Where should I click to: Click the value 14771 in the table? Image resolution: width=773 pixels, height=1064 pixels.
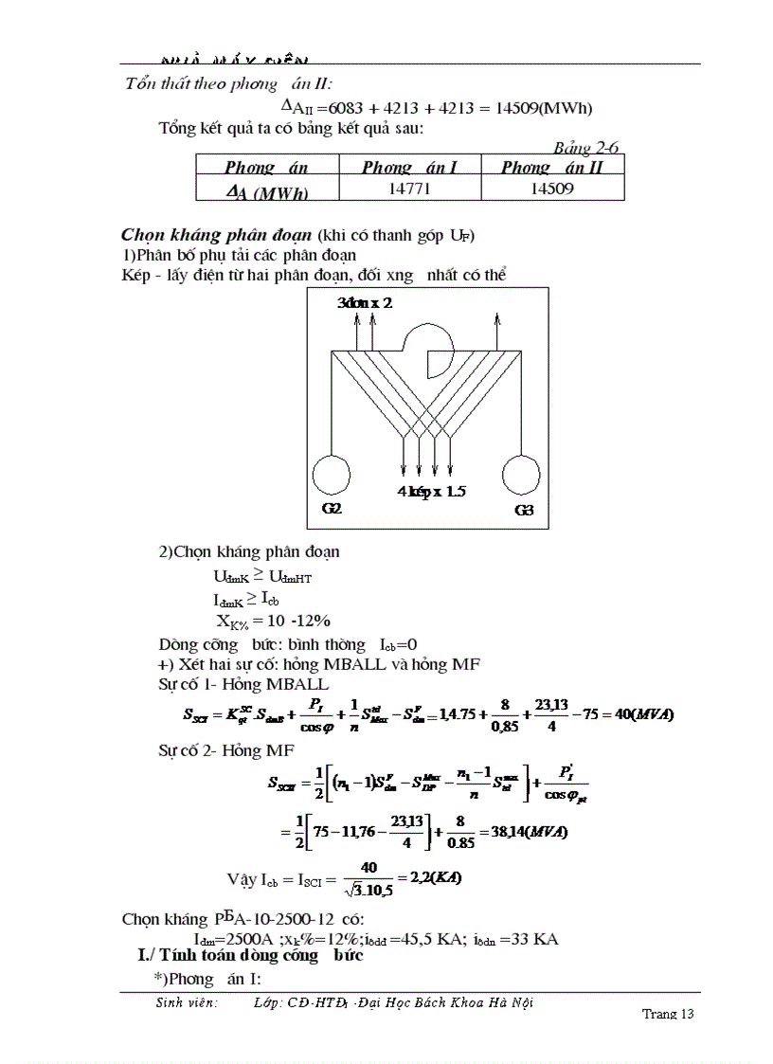pyautogui.click(x=409, y=189)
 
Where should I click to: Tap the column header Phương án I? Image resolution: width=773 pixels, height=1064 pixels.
pyautogui.click(x=409, y=168)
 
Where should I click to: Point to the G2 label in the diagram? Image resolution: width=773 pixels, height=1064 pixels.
pyautogui.click(x=332, y=509)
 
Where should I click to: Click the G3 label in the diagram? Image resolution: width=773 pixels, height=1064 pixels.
pyautogui.click(x=524, y=510)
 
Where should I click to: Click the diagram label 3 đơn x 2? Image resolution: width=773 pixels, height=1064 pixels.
pyautogui.click(x=365, y=303)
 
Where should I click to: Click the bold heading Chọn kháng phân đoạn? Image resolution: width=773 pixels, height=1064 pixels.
pyautogui.click(x=218, y=234)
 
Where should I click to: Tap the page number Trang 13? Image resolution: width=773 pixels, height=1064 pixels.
pyautogui.click(x=668, y=1014)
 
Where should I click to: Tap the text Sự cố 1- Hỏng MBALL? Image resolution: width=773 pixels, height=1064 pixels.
pyautogui.click(x=243, y=684)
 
